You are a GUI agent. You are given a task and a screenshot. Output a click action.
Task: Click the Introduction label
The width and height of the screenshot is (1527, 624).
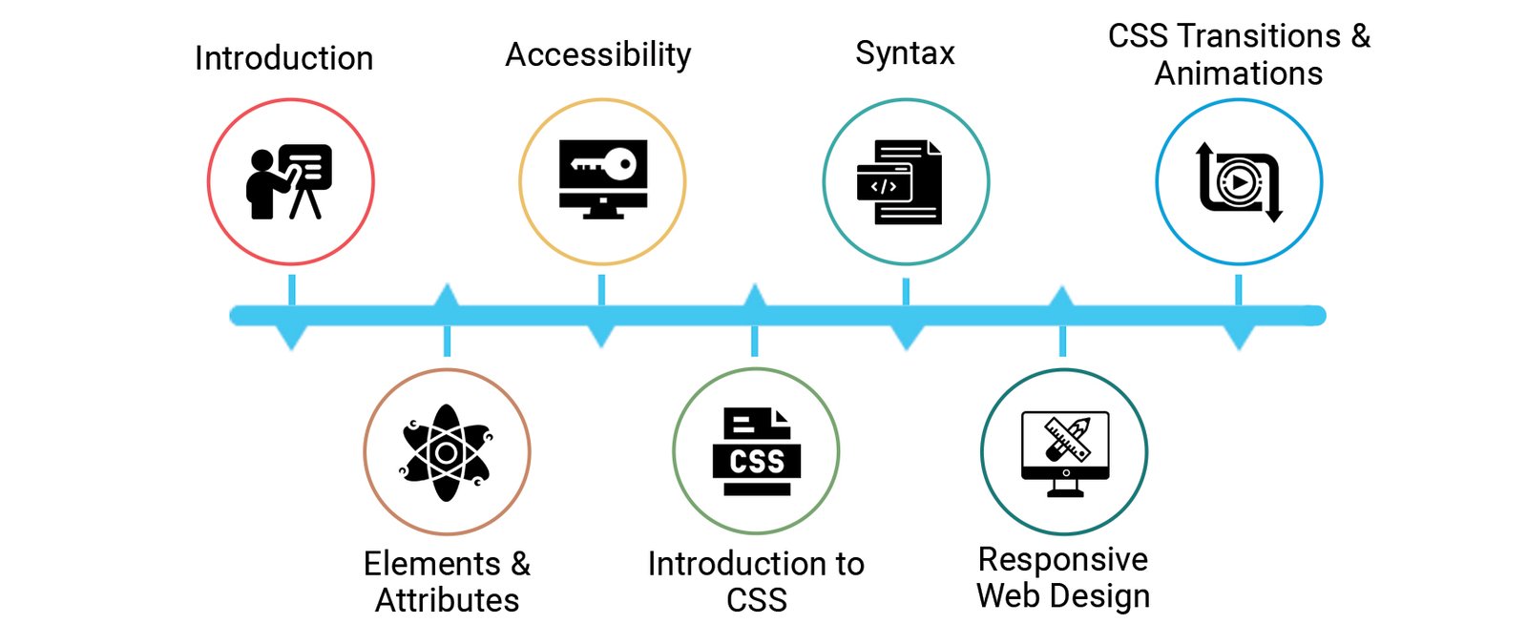(x=283, y=58)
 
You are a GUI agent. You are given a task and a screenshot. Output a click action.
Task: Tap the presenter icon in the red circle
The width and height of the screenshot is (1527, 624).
(x=290, y=181)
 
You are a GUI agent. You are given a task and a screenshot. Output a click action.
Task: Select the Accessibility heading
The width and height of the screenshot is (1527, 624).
(x=597, y=55)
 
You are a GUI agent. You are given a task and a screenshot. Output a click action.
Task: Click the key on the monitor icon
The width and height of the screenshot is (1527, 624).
(x=603, y=165)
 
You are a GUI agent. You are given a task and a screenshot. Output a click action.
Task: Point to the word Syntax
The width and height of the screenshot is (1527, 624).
(x=905, y=53)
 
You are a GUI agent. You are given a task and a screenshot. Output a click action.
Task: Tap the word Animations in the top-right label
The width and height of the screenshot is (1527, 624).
(x=1238, y=74)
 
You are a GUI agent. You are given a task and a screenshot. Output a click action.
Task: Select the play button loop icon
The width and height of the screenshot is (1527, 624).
(x=1239, y=181)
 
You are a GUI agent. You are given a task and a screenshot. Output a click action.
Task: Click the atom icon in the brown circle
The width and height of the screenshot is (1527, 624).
(x=446, y=452)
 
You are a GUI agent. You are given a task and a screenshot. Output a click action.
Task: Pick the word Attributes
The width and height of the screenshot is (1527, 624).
(x=447, y=600)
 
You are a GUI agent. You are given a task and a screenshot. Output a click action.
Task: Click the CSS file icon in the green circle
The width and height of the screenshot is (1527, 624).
(x=756, y=452)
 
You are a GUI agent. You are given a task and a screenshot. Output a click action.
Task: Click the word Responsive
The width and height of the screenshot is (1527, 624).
(x=1063, y=559)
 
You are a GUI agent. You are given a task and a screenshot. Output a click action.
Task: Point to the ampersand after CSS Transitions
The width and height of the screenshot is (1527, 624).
(x=1360, y=36)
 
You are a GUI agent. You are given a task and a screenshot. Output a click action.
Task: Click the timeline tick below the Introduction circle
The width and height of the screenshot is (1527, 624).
(x=291, y=290)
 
